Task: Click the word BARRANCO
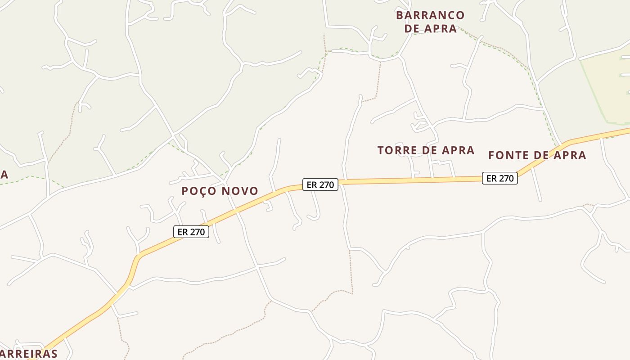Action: coord(430,15)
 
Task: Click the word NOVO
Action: coord(240,191)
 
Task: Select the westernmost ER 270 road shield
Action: coord(191,232)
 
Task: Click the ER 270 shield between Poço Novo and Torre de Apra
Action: coord(320,184)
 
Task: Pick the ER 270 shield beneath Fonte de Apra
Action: coord(500,178)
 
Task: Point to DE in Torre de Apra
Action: coord(426,150)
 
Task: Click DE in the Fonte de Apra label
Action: coord(537,156)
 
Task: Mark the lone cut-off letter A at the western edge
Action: coord(4,175)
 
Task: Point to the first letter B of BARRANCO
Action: coord(400,15)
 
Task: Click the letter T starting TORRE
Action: coord(381,150)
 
